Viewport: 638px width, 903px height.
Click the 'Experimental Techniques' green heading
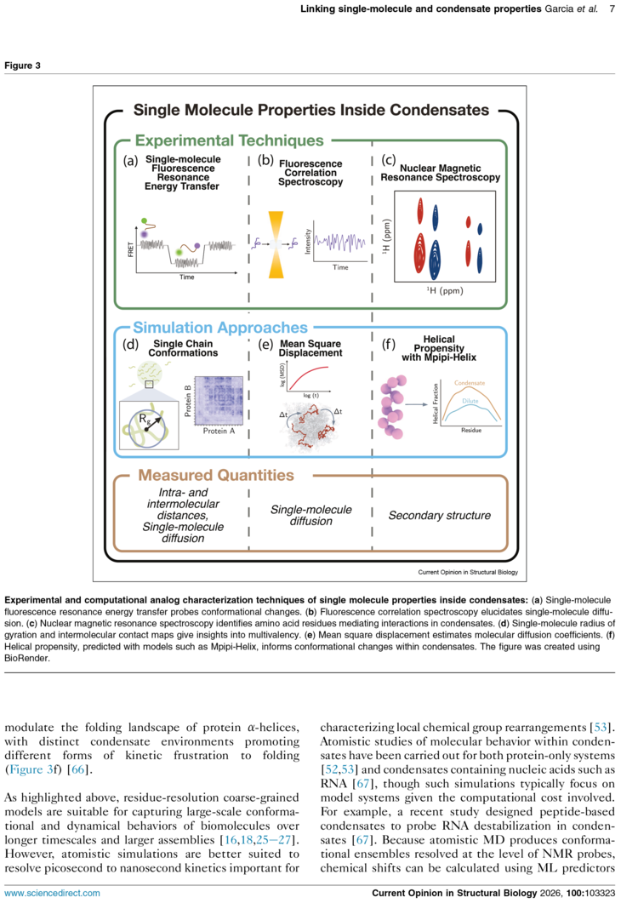(229, 140)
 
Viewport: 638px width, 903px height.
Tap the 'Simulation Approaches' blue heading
(220, 328)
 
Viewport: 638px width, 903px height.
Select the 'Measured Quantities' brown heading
(216, 475)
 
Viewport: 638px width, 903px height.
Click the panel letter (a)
(131, 161)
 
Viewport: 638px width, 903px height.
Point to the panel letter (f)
(389, 344)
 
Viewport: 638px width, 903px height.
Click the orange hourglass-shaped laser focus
(276, 245)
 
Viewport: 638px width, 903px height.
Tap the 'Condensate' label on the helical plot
(470, 383)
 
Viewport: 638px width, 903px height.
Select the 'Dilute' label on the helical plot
(470, 401)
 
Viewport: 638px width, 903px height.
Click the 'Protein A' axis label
(219, 431)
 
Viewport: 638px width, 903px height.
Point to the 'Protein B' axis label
(188, 401)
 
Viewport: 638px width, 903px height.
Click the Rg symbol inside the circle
(144, 420)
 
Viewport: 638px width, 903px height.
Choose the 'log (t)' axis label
(311, 396)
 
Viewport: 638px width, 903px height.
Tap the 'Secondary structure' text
(439, 516)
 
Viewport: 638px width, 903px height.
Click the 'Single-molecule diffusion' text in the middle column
(311, 516)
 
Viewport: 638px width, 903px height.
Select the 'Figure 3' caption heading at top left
(22, 66)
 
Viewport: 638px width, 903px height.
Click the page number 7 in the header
(612, 9)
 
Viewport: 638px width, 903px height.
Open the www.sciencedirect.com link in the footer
(53, 893)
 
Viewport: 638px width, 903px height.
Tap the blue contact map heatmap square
(219, 400)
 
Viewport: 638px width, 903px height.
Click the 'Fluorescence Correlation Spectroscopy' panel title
(310, 173)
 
